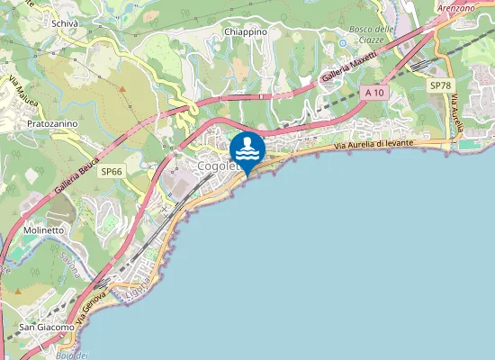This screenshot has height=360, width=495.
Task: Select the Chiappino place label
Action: [x=246, y=31]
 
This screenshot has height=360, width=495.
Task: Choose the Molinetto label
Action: [x=42, y=230]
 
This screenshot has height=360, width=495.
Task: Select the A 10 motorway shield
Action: [x=374, y=93]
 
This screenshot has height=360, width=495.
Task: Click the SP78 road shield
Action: [x=440, y=85]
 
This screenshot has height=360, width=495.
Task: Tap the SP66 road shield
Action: [x=112, y=171]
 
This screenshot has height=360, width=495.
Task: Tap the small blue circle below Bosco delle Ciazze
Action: [x=342, y=42]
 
